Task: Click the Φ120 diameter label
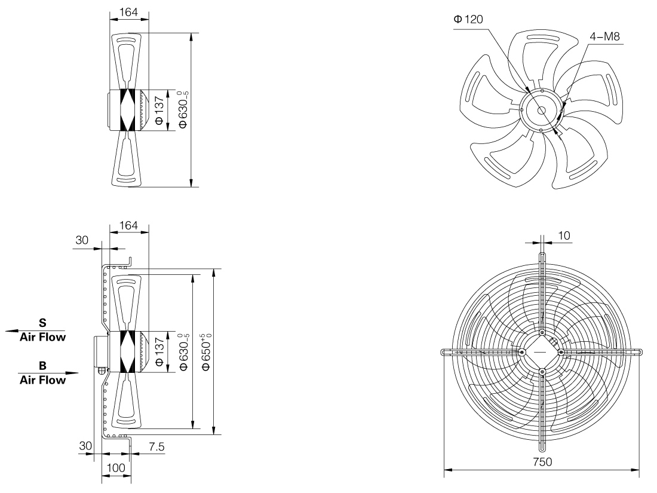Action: [x=468, y=20]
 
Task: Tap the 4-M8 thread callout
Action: [x=605, y=36]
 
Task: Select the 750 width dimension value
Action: [x=543, y=462]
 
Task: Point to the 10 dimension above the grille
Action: [x=564, y=236]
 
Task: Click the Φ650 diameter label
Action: [x=207, y=353]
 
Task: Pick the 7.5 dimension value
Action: [x=156, y=447]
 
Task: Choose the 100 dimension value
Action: [x=115, y=467]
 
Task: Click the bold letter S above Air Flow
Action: [x=42, y=323]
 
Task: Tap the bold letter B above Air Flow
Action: [x=42, y=365]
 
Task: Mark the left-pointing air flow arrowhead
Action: [x=8, y=330]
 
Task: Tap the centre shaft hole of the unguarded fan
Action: [x=541, y=110]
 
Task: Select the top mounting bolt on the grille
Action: [x=542, y=333]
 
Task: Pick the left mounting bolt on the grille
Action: [x=522, y=353]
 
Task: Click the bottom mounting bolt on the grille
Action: [x=542, y=372]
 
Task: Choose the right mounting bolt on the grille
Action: [x=561, y=353]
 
